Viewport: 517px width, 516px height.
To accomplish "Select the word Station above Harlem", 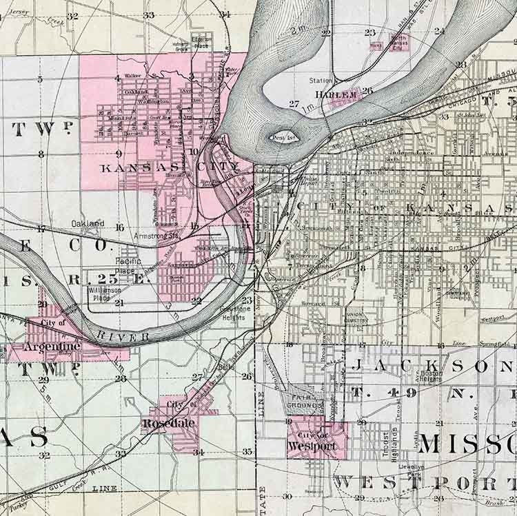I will click(x=321, y=81).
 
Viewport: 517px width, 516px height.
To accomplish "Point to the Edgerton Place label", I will click(x=202, y=41).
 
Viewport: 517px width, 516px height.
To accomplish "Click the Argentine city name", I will click(x=52, y=346).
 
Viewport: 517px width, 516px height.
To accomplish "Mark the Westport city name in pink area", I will click(x=314, y=446).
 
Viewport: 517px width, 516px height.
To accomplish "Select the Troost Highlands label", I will click(x=391, y=442).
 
